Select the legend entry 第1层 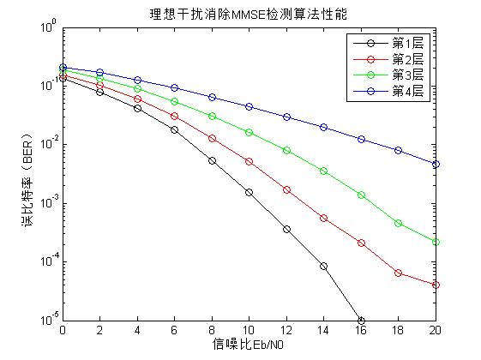click(x=408, y=42)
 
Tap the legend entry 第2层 click(x=408, y=58)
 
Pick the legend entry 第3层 click(x=408, y=75)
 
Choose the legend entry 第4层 click(x=408, y=91)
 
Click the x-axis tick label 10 click(x=250, y=331)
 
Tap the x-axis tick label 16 click(x=361, y=331)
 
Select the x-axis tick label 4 click(x=137, y=331)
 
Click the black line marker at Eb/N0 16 click(x=361, y=321)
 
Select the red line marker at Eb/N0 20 click(x=436, y=285)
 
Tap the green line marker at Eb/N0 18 click(x=399, y=223)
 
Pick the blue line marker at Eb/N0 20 click(x=436, y=164)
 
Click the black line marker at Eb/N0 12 click(x=286, y=229)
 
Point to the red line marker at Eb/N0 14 click(x=324, y=219)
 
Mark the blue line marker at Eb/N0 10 click(x=250, y=107)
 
